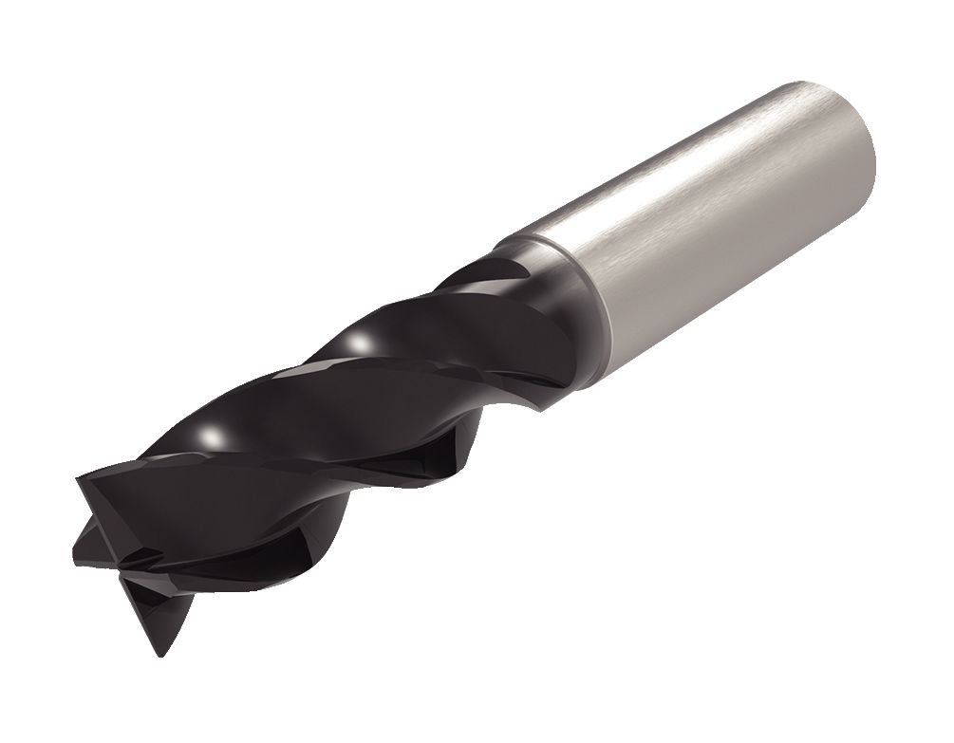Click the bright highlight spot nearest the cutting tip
pyautogui.click(x=216, y=437)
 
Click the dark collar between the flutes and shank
pyautogui.click(x=560, y=285)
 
